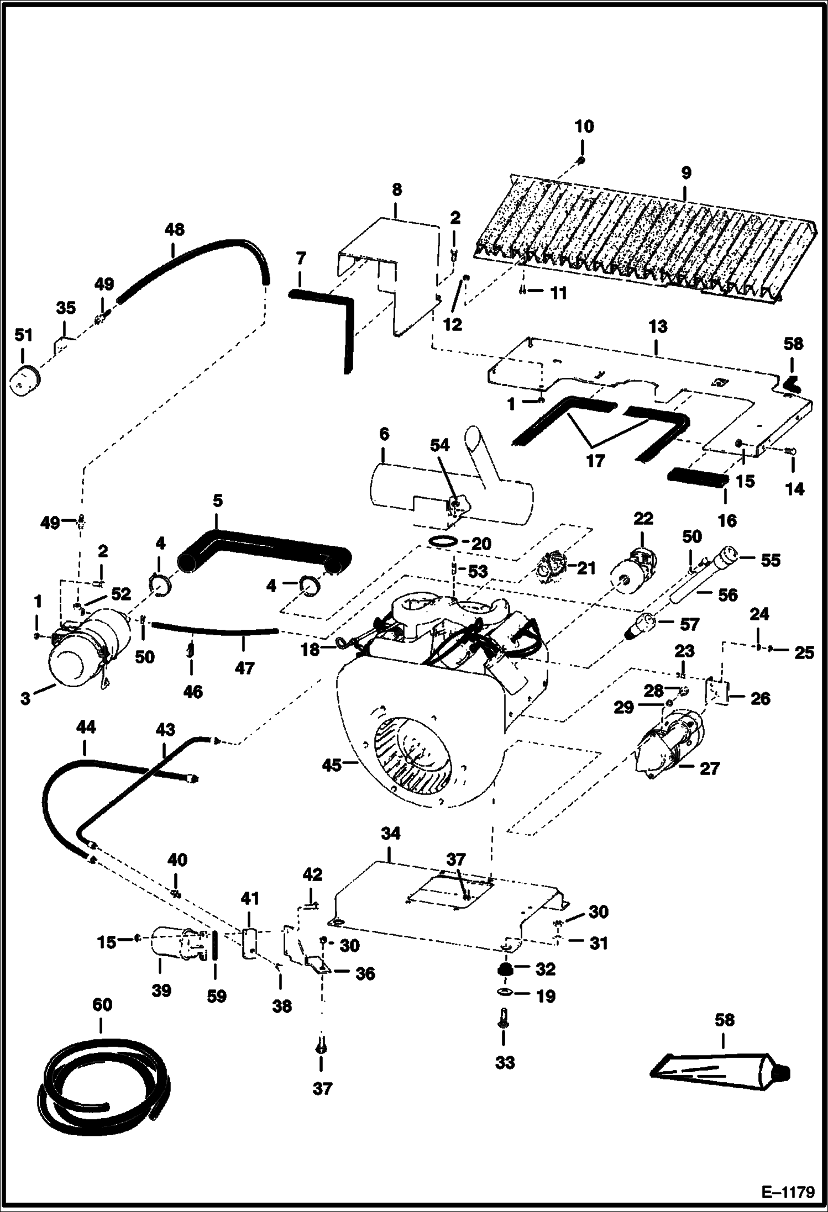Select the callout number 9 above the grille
point(685,173)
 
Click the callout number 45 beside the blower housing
point(331,766)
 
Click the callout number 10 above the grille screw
point(584,127)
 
